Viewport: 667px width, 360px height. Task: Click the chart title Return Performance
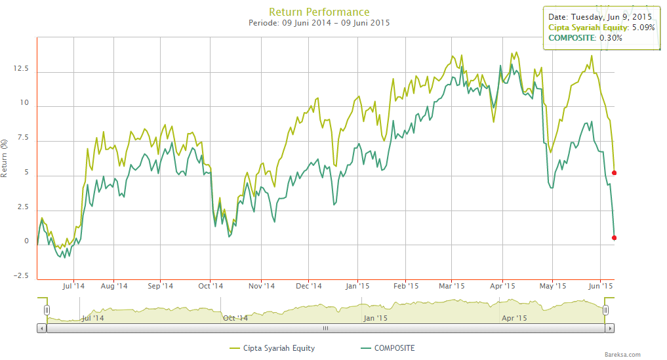click(319, 12)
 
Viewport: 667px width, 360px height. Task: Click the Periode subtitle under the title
click(319, 23)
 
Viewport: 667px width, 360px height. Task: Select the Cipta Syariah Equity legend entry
click(276, 348)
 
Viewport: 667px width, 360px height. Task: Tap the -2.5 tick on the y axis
click(20, 276)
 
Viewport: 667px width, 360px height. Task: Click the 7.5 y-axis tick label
click(23, 138)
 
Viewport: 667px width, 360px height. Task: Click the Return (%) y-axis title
click(5, 159)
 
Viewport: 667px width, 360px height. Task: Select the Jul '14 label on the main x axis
click(74, 287)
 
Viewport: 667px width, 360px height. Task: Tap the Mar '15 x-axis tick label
click(452, 287)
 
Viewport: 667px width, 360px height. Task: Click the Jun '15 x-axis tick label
click(601, 287)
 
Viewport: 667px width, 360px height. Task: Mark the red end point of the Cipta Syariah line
click(614, 173)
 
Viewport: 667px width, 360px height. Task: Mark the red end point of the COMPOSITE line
click(614, 238)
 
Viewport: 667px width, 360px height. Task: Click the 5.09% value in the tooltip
click(642, 28)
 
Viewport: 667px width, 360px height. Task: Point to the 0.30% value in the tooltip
click(610, 38)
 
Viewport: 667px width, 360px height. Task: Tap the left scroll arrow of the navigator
click(42, 327)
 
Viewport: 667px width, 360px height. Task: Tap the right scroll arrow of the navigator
click(610, 327)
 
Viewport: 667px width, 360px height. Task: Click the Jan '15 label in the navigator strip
click(375, 318)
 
